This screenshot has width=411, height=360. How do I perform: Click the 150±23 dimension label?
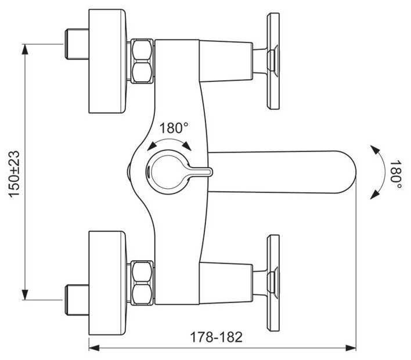pos(14,174)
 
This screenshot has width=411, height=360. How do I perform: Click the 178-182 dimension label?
pos(216,337)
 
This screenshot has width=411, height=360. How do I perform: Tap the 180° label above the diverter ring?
pos(174,128)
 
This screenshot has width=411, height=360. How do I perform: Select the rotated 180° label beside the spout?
pos(395,174)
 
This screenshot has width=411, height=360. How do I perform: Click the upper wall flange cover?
pos(107,62)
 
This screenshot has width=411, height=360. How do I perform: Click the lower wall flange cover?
pos(107,283)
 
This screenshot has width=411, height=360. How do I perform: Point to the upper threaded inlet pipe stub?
pos(77,44)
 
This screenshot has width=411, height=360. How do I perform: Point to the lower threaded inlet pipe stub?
pos(77,300)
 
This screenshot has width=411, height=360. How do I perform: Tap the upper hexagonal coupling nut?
pos(142,61)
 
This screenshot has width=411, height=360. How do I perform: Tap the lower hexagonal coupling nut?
pos(142,283)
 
